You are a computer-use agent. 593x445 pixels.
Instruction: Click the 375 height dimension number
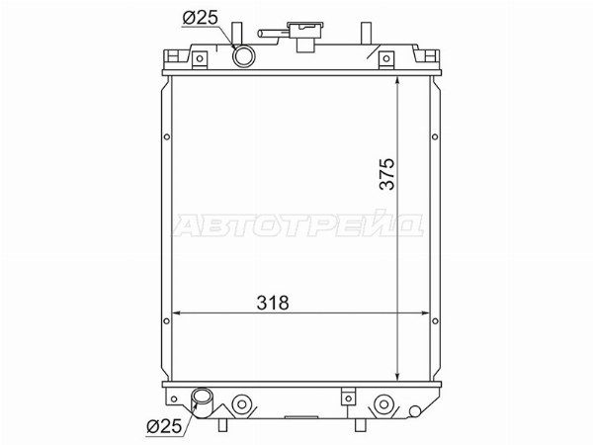click(387, 174)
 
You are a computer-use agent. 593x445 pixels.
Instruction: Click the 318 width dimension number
click(273, 303)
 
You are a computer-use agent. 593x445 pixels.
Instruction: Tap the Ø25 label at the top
click(200, 18)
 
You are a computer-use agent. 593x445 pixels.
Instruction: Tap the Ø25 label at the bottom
click(164, 426)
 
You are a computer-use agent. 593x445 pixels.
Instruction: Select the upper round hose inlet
click(244, 56)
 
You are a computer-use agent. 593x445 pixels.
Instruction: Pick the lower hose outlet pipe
click(202, 403)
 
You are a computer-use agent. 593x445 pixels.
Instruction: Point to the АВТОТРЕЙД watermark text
click(298, 224)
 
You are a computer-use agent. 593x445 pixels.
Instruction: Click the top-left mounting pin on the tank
click(237, 34)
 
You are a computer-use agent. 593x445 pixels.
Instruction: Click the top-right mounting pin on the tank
click(366, 34)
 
